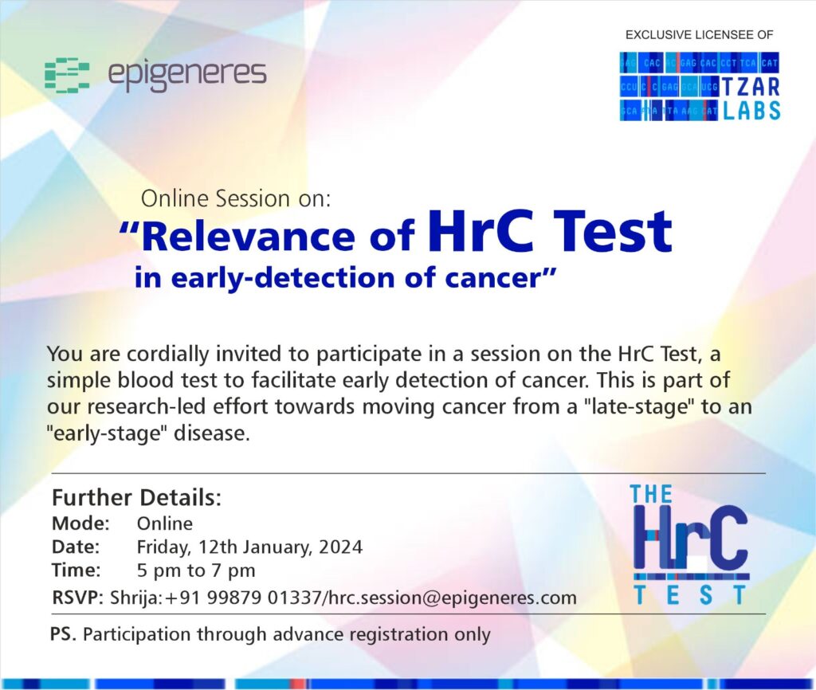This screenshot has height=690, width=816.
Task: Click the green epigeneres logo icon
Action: coord(67,76)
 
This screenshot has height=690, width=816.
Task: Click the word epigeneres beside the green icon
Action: coord(187,74)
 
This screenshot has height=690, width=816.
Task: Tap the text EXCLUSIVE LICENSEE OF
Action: coord(699,35)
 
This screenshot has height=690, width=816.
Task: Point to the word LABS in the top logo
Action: coord(751,110)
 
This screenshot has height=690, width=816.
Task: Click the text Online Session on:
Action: coord(236,198)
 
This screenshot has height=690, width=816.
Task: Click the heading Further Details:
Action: coord(137,497)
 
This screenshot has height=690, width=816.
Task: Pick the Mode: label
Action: coord(80,523)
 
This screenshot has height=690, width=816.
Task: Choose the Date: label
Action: coord(76,547)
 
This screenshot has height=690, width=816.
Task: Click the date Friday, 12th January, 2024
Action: coord(249,547)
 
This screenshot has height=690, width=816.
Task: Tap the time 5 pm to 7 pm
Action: coord(196,570)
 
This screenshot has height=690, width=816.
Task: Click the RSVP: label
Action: coord(78,597)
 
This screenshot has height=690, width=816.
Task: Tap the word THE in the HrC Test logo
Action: coord(651,494)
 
